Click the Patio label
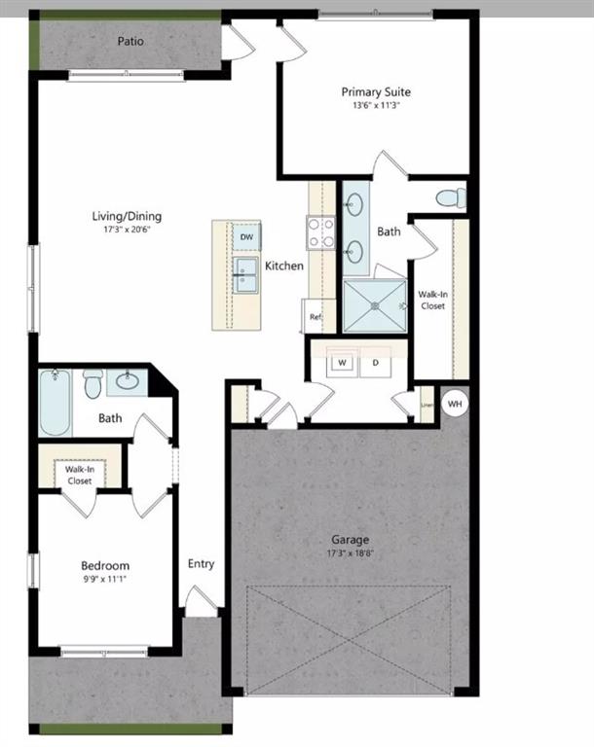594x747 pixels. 130,42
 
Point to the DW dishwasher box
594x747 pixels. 246,236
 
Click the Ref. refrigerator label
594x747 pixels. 315,317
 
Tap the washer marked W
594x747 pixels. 343,364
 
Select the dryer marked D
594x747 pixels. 375,364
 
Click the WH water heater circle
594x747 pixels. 455,402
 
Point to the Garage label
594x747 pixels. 349,540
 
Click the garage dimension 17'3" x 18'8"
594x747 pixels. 349,553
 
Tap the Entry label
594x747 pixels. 201,563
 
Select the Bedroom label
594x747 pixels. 105,565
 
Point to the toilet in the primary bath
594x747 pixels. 450,199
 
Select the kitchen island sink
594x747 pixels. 245,275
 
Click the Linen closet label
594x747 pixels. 426,405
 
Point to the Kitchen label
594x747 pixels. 284,266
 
